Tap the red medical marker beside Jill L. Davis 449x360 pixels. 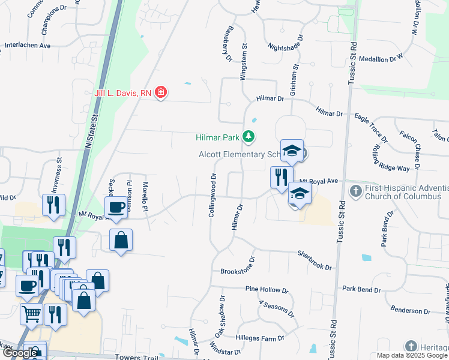coord(160,92)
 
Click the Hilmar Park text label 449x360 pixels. coord(217,137)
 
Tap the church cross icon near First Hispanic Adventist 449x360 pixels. coord(355,191)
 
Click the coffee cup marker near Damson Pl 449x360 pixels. coord(115,208)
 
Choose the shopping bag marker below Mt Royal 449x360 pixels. coord(121,240)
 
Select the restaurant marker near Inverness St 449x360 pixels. coord(54,205)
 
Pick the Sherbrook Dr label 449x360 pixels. coord(315,260)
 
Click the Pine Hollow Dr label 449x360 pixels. coord(267,289)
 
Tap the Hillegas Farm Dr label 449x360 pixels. coord(259,338)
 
